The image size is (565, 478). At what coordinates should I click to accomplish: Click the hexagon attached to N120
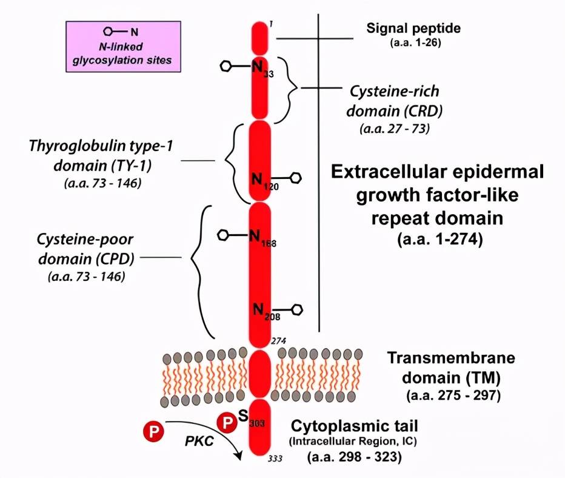(x=295, y=178)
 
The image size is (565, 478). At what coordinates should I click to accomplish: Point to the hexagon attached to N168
(x=223, y=234)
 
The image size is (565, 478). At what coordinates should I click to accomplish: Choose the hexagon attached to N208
(x=296, y=310)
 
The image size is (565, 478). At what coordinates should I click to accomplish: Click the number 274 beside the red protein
(x=278, y=340)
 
